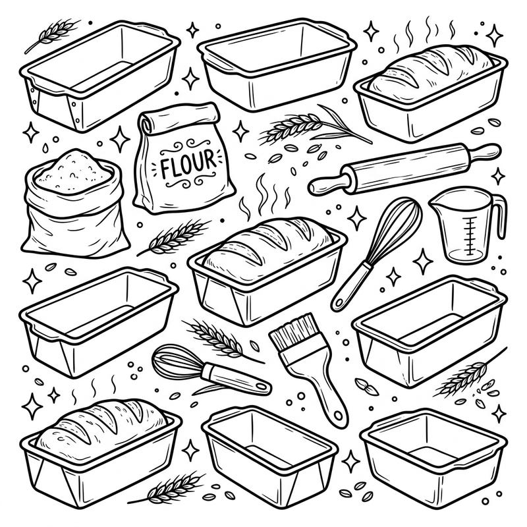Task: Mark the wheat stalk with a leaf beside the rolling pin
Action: [x=310, y=125]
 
